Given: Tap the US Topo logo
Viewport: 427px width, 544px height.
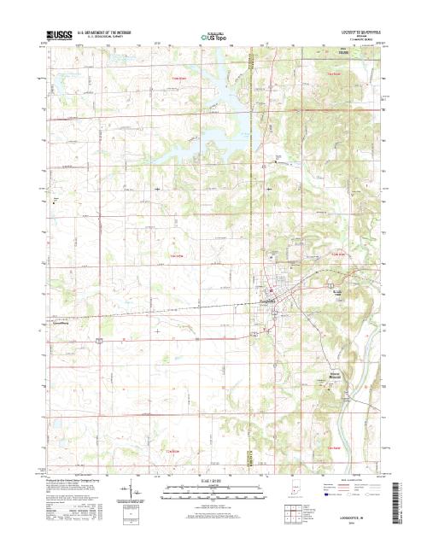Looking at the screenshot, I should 214,38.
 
